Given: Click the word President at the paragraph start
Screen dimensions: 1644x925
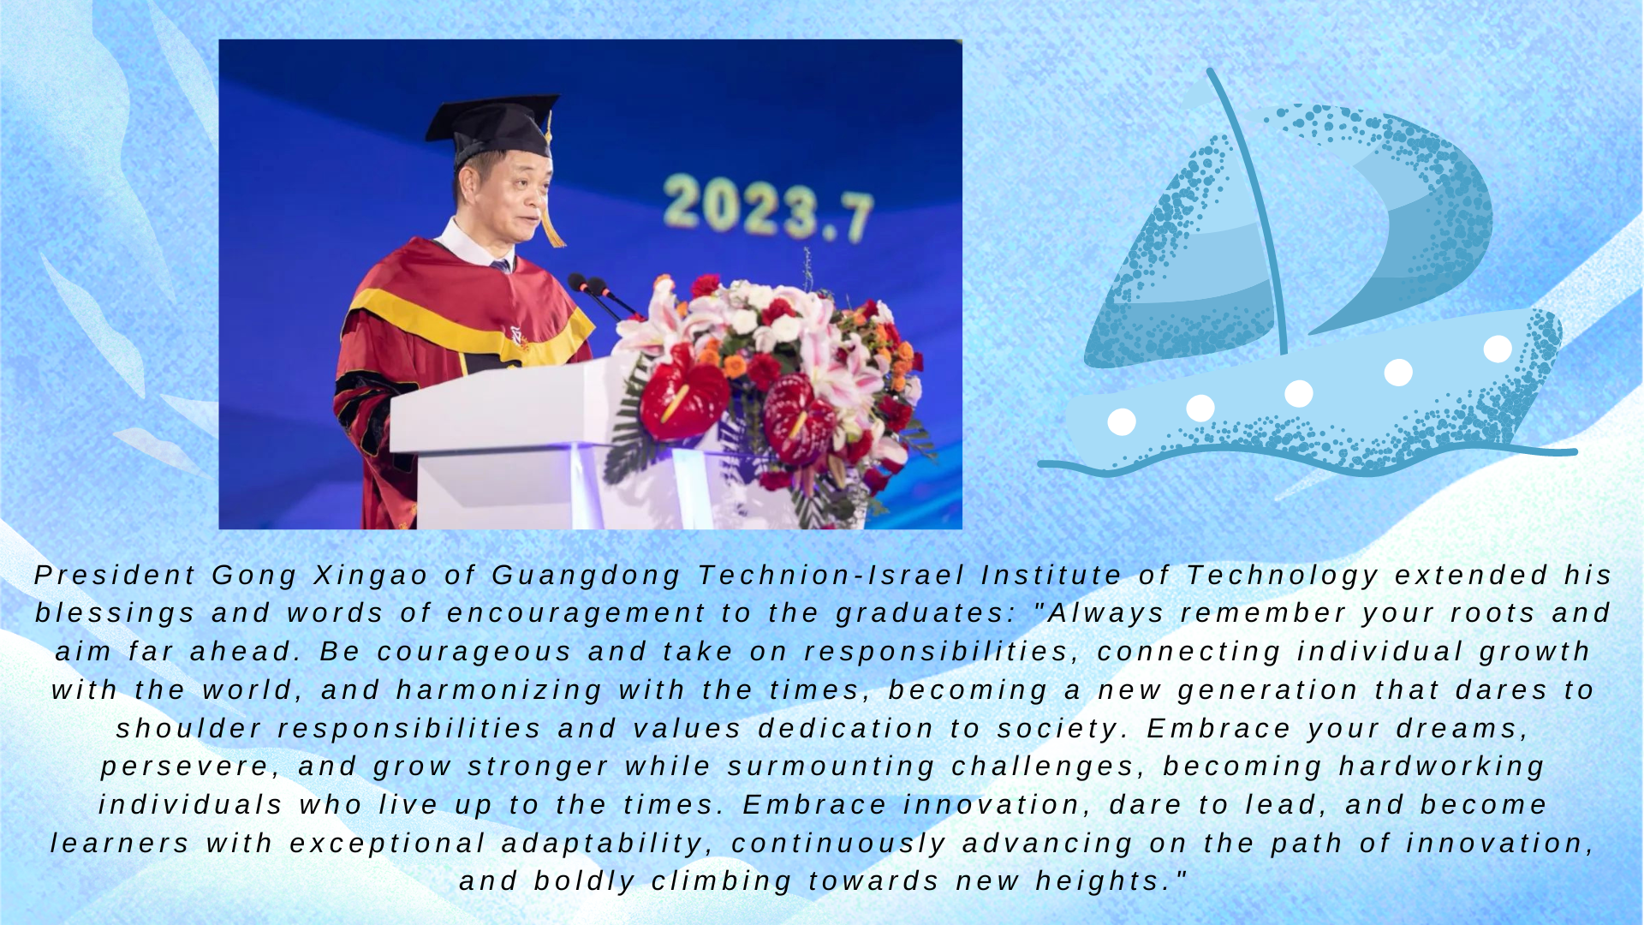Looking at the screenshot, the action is [116, 575].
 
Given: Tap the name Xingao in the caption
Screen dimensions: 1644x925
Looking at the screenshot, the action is [371, 576].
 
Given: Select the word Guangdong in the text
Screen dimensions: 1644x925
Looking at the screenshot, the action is [587, 576].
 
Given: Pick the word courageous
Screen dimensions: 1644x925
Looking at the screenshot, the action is [474, 652].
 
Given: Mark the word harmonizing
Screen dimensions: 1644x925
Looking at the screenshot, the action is [500, 690].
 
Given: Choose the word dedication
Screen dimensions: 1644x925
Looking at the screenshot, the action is [846, 729].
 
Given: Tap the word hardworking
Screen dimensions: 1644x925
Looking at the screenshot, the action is [1442, 767].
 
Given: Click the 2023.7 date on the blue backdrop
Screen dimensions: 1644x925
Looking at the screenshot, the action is [768, 207].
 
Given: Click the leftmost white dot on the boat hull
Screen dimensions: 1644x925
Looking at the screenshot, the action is [1122, 421].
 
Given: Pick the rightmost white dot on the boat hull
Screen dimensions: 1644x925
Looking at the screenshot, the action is [1498, 349].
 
